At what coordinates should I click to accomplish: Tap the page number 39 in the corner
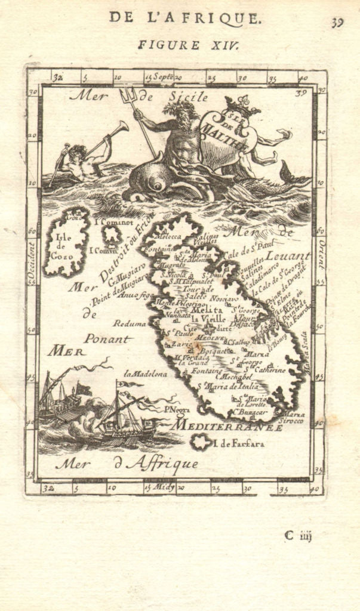[338, 23]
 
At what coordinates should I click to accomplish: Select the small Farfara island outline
[201, 442]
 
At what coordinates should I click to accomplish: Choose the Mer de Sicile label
[139, 96]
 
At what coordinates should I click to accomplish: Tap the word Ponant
[107, 338]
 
